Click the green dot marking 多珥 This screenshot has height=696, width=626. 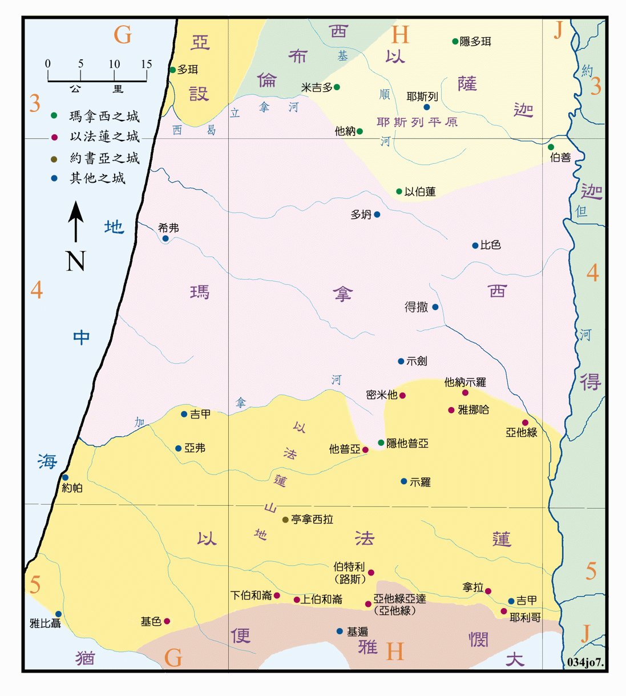click(x=172, y=70)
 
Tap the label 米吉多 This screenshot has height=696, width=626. click(x=317, y=87)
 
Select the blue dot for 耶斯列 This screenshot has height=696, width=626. click(x=426, y=107)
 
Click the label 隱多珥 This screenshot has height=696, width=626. click(x=475, y=41)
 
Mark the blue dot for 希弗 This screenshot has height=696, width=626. click(x=165, y=239)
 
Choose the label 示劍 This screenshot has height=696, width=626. click(x=417, y=361)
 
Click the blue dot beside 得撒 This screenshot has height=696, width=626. click(x=435, y=307)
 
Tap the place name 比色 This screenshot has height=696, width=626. click(x=490, y=245)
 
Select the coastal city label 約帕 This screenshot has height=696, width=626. click(x=72, y=488)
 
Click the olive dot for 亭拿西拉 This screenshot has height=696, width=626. click(x=285, y=520)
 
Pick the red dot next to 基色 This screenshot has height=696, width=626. click(x=167, y=621)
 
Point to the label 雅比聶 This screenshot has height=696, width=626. click(x=46, y=623)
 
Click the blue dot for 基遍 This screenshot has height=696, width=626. click(x=340, y=631)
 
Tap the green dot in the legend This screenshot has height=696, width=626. click(x=54, y=115)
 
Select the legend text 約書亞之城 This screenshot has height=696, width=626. click(x=104, y=158)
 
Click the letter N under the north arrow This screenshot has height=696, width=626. click(x=75, y=261)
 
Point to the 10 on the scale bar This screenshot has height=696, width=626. click(x=114, y=64)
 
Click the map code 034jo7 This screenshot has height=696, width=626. click(x=585, y=662)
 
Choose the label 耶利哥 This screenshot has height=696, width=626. click(x=525, y=617)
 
